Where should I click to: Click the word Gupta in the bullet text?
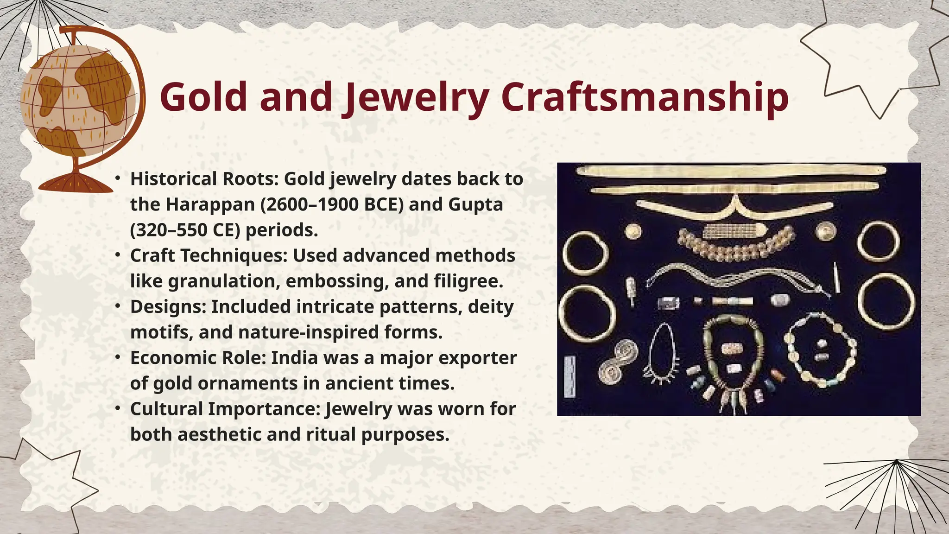(475, 204)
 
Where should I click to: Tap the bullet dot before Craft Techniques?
(119, 254)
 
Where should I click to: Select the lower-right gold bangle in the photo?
(886, 301)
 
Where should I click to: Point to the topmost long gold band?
(731, 171)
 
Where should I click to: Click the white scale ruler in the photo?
(569, 376)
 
